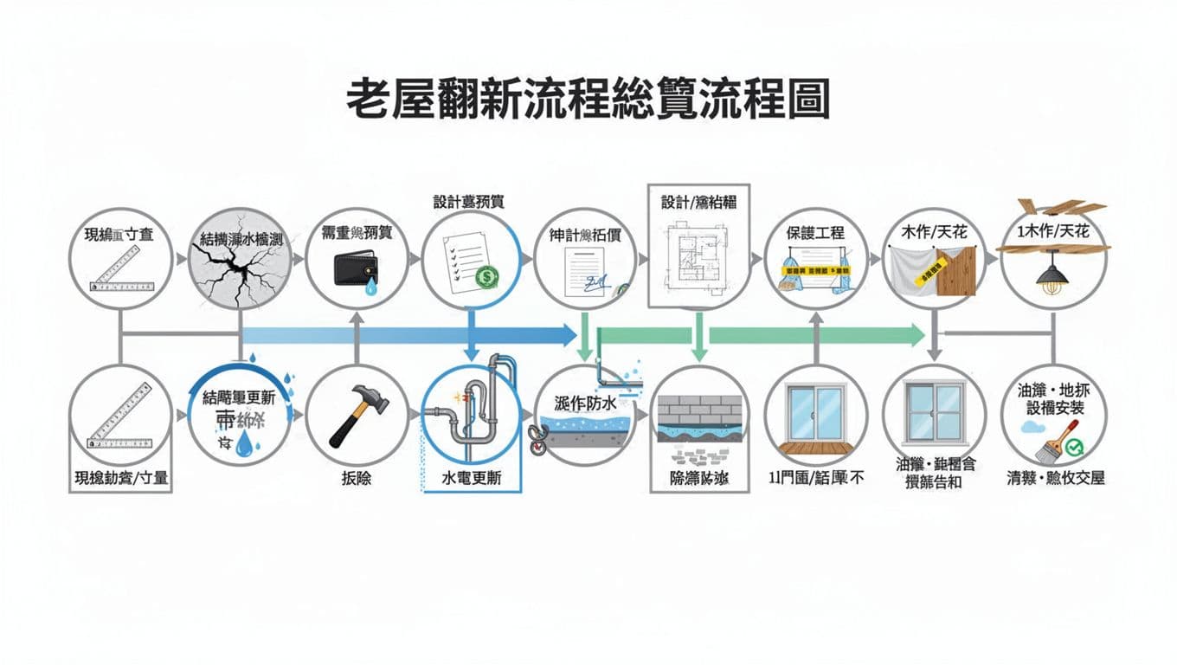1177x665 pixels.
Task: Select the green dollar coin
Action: (x=486, y=278)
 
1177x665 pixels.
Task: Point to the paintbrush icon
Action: (x=1056, y=442)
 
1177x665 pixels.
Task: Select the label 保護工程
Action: (x=815, y=233)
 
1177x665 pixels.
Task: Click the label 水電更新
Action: (x=472, y=477)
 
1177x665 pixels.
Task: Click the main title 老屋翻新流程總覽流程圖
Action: (x=588, y=101)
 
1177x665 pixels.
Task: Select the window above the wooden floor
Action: (x=815, y=413)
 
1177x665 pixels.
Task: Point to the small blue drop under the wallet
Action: (x=371, y=289)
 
